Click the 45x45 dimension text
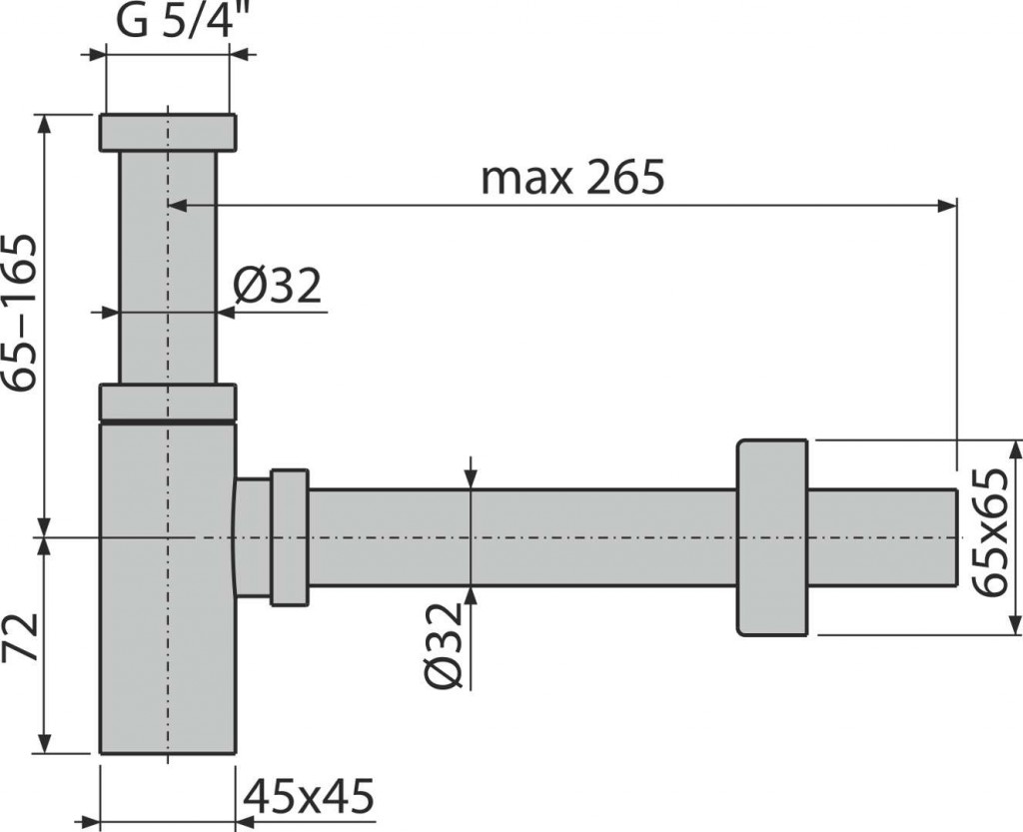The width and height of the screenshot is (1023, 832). [x=308, y=795]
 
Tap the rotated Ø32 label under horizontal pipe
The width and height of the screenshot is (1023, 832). [x=445, y=645]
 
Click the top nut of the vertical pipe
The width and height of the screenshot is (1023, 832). [x=168, y=133]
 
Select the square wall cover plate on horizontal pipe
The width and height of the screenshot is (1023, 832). [x=772, y=537]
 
